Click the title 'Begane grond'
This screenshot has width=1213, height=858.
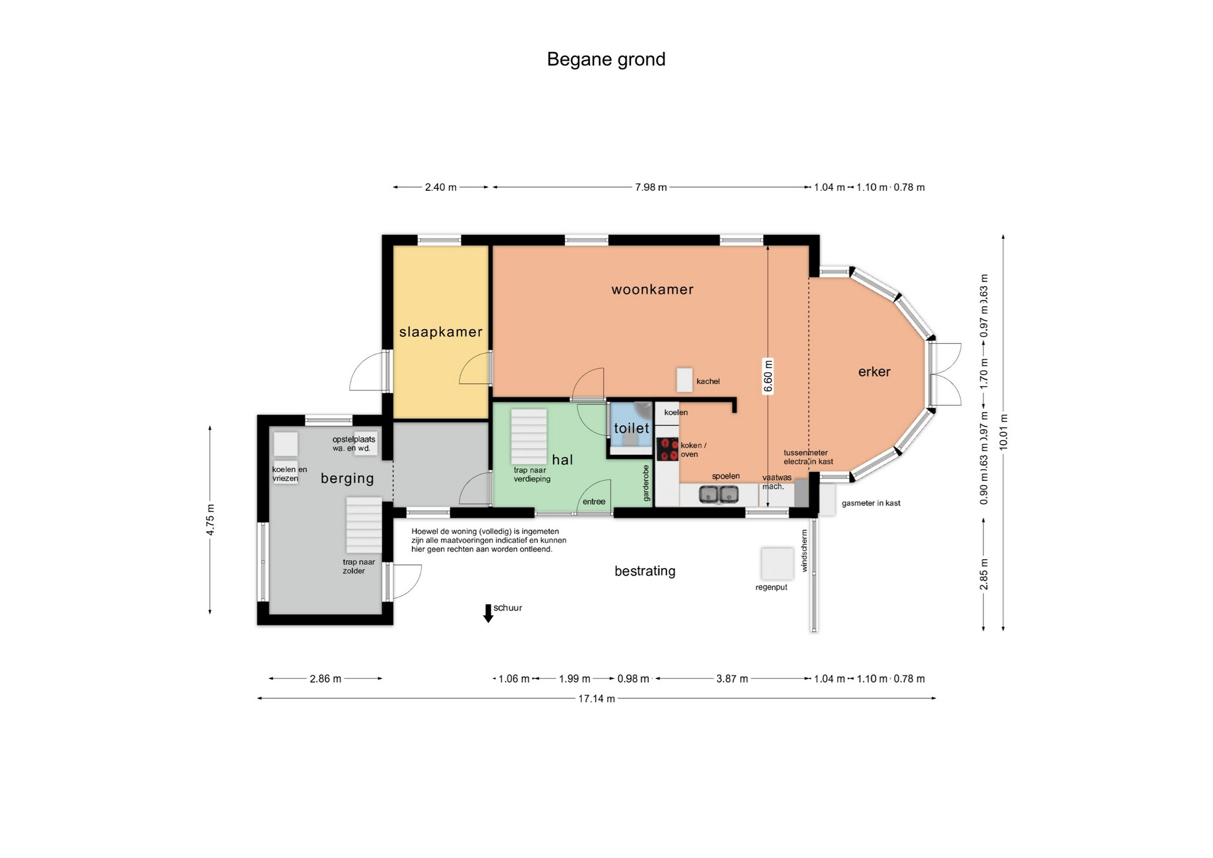click(606, 59)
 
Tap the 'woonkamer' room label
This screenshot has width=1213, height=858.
click(653, 289)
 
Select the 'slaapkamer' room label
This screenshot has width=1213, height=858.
click(441, 332)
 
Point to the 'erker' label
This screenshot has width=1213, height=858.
click(874, 372)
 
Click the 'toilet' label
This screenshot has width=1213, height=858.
click(632, 428)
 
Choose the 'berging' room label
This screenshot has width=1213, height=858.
click(347, 478)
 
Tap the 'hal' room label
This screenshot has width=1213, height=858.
click(562, 459)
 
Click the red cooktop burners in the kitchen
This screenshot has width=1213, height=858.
click(667, 449)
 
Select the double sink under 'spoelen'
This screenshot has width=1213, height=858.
click(719, 494)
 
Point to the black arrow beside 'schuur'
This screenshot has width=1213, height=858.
click(488, 613)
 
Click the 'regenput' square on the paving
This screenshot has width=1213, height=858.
click(777, 564)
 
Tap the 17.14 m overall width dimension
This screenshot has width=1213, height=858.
click(596, 698)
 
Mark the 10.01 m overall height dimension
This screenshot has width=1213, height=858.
click(1003, 432)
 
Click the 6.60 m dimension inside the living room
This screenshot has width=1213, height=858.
click(768, 376)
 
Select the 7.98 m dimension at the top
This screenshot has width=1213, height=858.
click(651, 187)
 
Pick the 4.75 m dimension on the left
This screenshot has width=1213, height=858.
click(210, 519)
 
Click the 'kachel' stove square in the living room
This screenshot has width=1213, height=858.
click(684, 380)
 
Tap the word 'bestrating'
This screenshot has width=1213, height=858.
click(645, 571)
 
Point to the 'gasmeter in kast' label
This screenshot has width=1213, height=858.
click(871, 504)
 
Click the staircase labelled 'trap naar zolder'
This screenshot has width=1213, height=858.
click(363, 525)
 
